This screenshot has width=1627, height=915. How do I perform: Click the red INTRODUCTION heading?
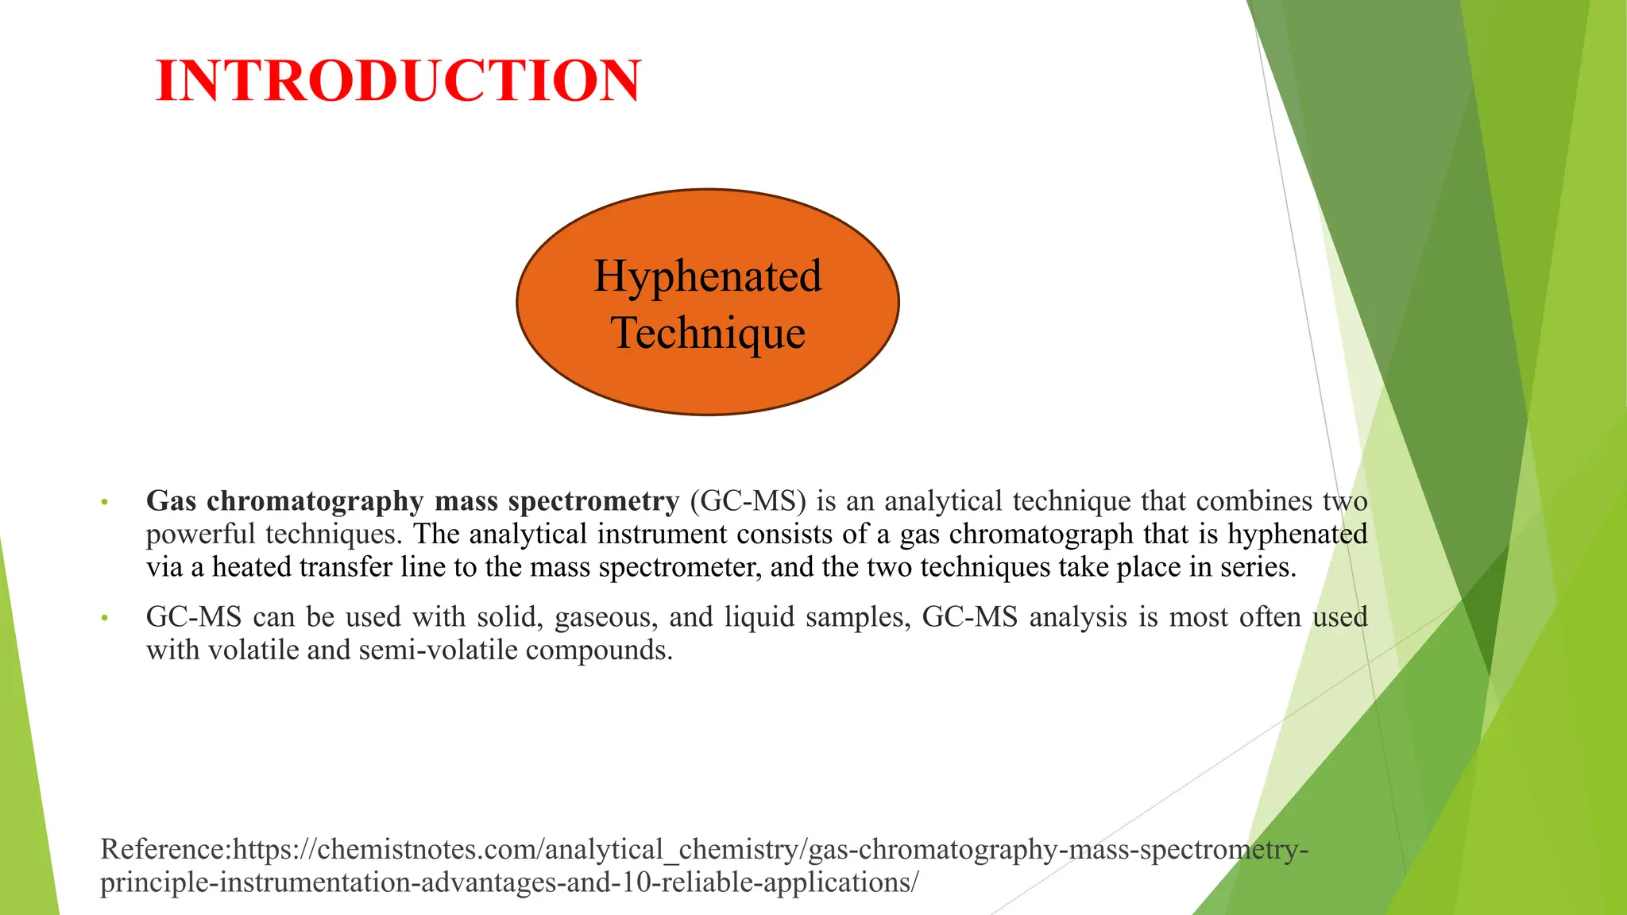[398, 81]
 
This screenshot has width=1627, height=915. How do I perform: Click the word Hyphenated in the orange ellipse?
[707, 276]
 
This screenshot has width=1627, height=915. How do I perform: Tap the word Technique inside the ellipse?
[708, 332]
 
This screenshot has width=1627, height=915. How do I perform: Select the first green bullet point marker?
[103, 503]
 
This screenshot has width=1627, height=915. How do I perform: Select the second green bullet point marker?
[103, 619]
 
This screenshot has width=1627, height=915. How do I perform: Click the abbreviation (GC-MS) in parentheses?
[748, 502]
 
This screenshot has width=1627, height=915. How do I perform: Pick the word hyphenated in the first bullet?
[1297, 535]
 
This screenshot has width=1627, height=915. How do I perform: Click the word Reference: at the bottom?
[166, 849]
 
